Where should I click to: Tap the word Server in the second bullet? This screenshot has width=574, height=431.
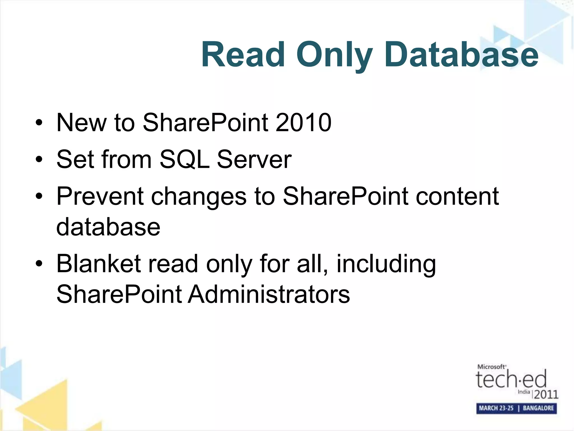254,159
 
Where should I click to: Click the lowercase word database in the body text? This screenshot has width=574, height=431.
108,227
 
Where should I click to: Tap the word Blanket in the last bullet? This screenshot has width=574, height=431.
98,263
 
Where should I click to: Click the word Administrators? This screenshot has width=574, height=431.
269,294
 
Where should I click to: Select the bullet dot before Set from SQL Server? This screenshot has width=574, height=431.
39,160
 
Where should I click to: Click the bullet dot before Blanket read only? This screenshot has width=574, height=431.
39,264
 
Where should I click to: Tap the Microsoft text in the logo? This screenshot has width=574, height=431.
491,367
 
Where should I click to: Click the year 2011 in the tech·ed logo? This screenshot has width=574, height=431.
546,395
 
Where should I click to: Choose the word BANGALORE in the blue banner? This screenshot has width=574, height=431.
538,408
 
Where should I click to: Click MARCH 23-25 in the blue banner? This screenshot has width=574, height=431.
496,408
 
